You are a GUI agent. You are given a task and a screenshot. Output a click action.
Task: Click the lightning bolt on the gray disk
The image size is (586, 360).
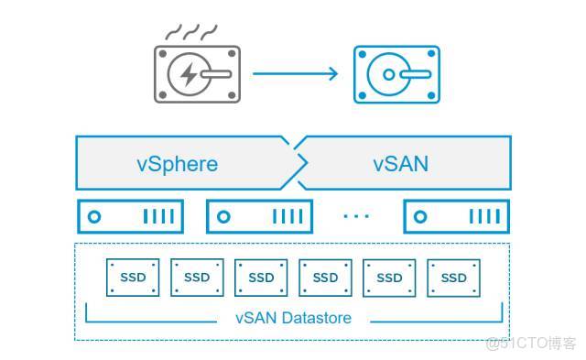pyautogui.click(x=188, y=74)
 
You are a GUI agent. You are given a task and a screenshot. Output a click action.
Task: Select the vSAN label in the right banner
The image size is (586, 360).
pyautogui.click(x=401, y=165)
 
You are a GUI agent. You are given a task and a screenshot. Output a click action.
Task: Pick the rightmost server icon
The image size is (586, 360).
pyautogui.click(x=456, y=217)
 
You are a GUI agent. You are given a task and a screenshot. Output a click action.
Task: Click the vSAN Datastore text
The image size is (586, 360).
pyautogui.click(x=292, y=319)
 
